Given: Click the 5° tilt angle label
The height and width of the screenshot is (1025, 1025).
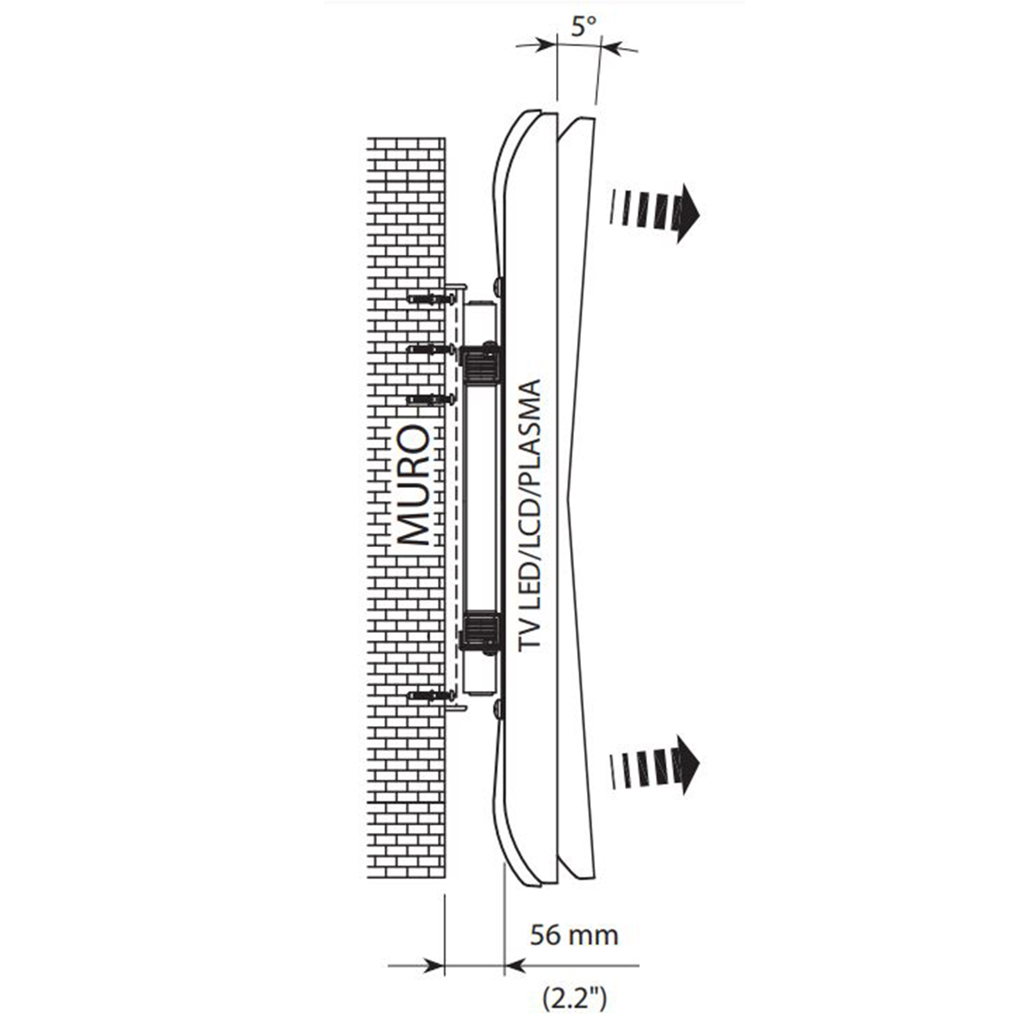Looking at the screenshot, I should pos(583,26).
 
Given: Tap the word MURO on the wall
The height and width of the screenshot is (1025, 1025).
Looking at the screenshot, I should pos(413,485).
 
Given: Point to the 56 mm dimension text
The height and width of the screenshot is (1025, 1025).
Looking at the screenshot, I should pos(574,935).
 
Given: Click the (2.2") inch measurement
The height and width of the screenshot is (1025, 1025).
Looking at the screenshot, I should pos(574,998).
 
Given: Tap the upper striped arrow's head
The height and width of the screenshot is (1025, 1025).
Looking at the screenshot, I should pos(687,213).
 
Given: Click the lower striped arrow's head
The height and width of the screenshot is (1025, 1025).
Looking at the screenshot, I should pos(687,764).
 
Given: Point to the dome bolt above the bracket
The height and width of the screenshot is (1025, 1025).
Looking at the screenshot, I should pos(498,283).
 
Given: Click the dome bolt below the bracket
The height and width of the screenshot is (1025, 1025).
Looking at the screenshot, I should pos(498,709).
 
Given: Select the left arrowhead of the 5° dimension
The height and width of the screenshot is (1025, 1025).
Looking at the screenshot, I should pos(548,44).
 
